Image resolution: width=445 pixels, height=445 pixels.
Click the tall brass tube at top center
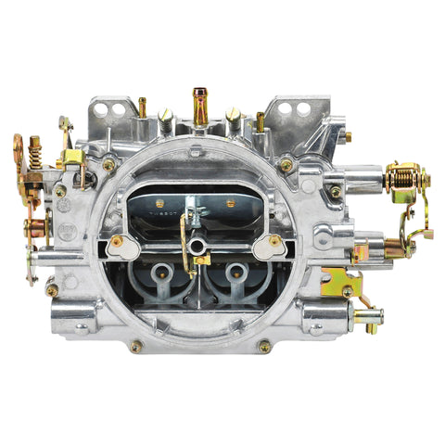coord(200,104)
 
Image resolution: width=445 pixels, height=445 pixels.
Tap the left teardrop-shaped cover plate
coord(122,247)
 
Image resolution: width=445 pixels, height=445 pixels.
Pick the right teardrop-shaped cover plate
coord(269,247)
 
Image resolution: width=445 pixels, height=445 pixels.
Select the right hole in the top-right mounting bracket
coord(303,108)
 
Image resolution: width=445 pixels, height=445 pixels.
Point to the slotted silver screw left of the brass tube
coord(166,115)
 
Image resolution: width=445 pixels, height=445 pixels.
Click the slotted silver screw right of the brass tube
coord(232,115)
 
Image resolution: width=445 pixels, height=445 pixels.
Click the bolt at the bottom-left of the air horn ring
coord(136,346)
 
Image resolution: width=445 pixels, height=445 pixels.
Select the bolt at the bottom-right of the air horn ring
coord(264,346)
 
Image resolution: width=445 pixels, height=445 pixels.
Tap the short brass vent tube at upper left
coord(143,107)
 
